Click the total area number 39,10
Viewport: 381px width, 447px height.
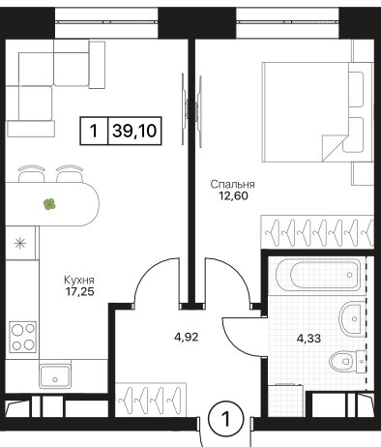[x=134, y=131]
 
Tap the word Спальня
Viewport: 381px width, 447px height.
[x=232, y=185]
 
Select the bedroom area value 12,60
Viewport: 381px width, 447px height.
[x=233, y=195]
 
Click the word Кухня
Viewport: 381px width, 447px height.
[x=79, y=280]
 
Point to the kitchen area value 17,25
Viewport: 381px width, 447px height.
[x=79, y=292]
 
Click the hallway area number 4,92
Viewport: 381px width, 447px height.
[x=186, y=337]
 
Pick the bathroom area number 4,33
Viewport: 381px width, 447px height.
[x=308, y=339]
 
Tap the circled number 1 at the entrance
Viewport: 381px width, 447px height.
[x=226, y=419]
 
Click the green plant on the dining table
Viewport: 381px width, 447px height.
[x=49, y=204]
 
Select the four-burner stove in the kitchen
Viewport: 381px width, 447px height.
[x=23, y=337]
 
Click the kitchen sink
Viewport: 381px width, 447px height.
[x=55, y=376]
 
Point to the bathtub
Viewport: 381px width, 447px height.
[x=318, y=275]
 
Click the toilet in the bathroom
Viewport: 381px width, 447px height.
[x=347, y=361]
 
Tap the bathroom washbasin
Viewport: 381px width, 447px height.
[x=352, y=318]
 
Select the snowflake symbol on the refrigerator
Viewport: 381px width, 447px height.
[x=20, y=243]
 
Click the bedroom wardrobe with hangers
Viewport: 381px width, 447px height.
[x=317, y=231]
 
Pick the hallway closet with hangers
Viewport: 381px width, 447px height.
[x=151, y=400]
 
